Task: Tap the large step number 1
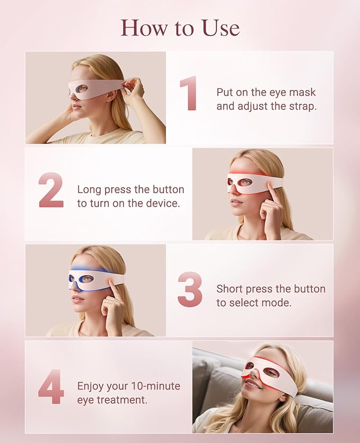click(189, 93)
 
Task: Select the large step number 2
click(51, 190)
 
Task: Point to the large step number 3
click(190, 289)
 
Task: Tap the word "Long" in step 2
click(89, 190)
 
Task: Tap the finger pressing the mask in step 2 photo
click(271, 187)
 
